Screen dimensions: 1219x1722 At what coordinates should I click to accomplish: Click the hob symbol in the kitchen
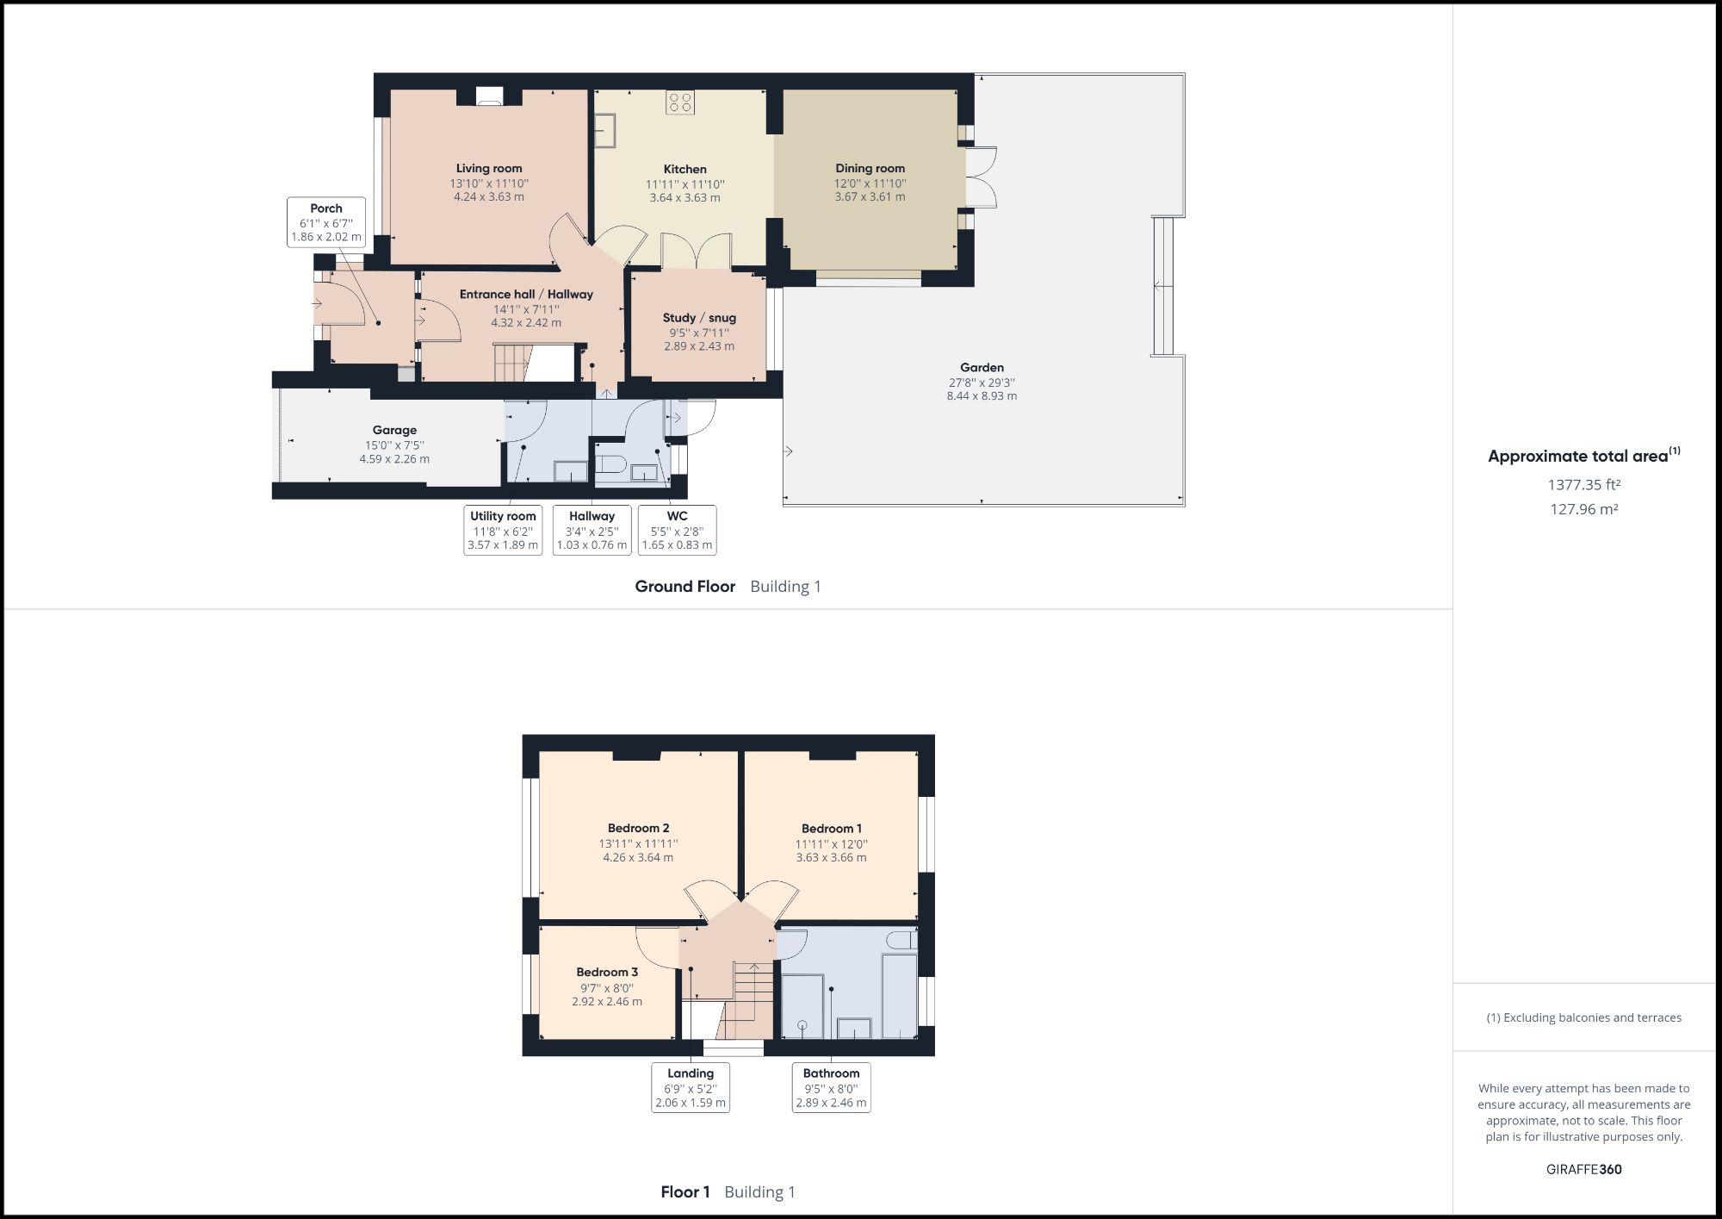point(679,103)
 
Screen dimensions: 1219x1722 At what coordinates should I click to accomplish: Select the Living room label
point(489,169)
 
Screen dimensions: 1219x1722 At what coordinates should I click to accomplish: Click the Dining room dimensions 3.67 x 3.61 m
point(870,197)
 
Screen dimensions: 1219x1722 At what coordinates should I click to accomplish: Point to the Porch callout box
point(326,222)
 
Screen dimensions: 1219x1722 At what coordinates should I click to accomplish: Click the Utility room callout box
point(503,531)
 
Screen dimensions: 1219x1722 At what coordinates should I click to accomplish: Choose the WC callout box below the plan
point(677,531)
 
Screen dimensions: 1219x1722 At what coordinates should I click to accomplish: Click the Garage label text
point(394,430)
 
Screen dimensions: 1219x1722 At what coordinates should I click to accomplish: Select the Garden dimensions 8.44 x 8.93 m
point(982,396)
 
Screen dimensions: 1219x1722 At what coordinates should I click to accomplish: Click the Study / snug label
point(699,318)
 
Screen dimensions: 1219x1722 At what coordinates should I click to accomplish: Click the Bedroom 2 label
point(638,828)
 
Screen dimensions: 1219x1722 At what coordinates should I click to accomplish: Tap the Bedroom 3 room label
point(607,972)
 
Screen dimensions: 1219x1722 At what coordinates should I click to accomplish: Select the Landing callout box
point(691,1087)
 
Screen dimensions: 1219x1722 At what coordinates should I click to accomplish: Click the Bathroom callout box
point(831,1087)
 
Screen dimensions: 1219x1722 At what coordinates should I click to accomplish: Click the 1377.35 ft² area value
point(1583,485)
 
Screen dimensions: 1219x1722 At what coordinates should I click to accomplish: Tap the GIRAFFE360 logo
point(1583,1169)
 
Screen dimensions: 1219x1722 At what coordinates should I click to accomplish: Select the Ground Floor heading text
point(684,587)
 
